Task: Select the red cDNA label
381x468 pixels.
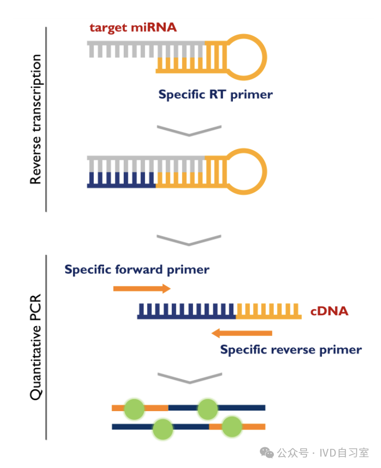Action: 329,311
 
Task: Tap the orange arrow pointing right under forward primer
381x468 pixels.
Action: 142,288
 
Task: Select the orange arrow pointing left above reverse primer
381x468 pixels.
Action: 242,333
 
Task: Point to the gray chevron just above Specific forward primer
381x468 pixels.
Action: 189,240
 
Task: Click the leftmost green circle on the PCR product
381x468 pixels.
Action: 134,408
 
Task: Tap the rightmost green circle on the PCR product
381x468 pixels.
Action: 232,427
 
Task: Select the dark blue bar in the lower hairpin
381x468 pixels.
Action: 122,179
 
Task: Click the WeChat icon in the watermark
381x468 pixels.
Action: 267,452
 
